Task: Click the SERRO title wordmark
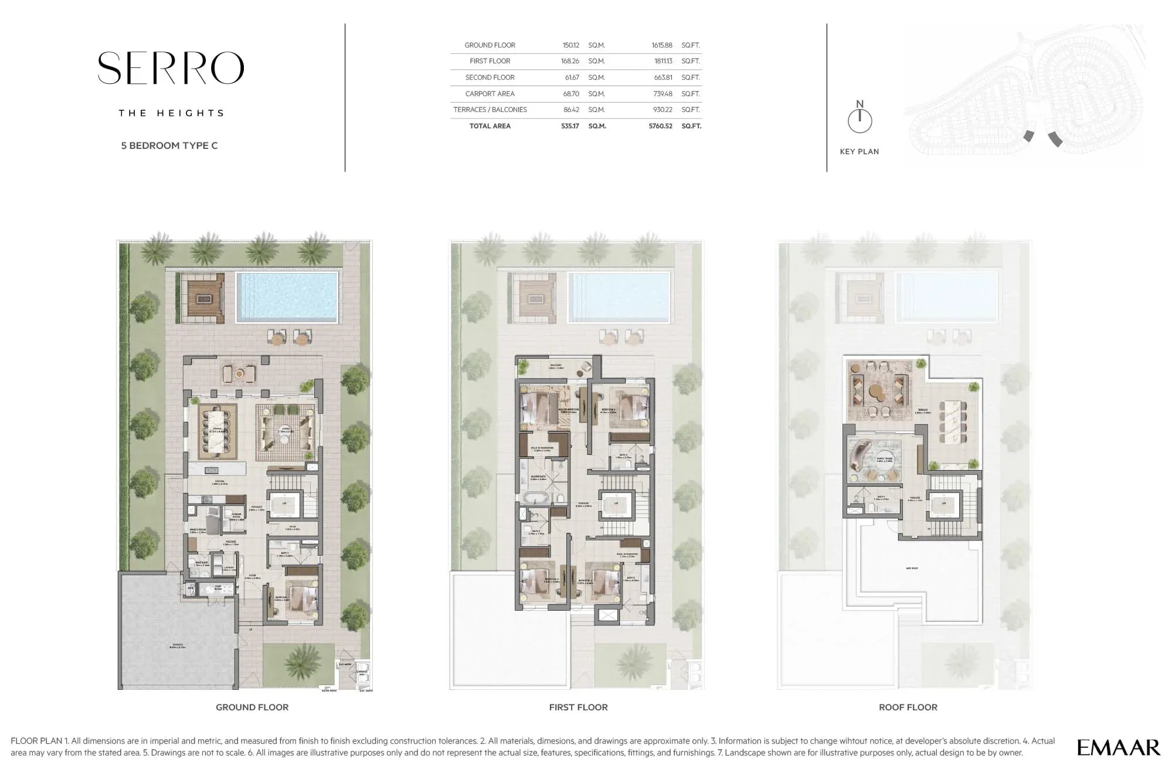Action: pos(171,68)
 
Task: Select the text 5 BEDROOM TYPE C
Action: pos(169,145)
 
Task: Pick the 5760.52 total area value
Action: pos(660,126)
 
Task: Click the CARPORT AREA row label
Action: pos(490,94)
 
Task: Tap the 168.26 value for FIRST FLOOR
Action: pos(570,61)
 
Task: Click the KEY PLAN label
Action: pos(859,152)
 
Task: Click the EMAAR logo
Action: pos(1118,747)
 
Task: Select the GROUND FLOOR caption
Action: pos(252,707)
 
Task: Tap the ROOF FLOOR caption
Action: pos(908,707)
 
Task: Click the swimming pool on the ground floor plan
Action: pos(287,297)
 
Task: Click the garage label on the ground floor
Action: pos(178,645)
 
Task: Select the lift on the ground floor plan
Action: pos(284,504)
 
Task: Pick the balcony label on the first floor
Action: pos(556,367)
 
